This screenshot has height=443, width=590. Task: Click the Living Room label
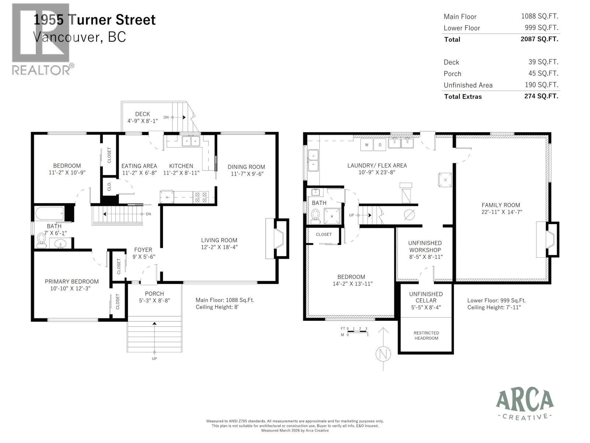point(219,240)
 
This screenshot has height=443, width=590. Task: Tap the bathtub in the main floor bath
point(49,213)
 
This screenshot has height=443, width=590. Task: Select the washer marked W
point(367,145)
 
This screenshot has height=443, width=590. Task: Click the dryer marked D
point(380,145)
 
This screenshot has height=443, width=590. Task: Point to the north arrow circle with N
point(383,354)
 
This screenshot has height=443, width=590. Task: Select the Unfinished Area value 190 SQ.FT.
point(541,85)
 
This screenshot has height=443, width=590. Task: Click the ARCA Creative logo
point(525,405)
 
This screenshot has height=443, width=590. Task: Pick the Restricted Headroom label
point(426,336)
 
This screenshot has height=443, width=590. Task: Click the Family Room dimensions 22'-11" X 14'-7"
point(501,212)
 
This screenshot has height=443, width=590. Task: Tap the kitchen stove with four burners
point(201,197)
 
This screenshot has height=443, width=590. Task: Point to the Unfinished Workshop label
point(425,246)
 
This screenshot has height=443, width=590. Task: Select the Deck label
point(142,114)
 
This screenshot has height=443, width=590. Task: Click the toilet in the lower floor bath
point(315,216)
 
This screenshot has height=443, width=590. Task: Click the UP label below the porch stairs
point(154,358)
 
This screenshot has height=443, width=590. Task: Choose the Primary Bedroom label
point(72,281)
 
